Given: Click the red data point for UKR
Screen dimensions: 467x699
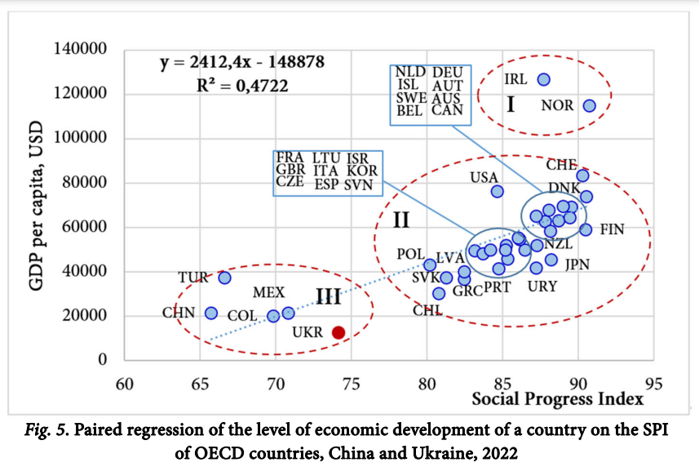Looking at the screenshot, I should pos(338,332).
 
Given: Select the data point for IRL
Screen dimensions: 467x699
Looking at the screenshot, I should pos(544,79).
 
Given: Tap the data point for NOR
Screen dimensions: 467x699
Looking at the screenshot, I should pos(590,105).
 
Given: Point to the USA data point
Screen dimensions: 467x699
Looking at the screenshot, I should pos(498,191).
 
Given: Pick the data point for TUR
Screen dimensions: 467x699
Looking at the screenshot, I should pos(225,278).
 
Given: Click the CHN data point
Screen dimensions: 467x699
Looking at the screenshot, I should pos(211,313).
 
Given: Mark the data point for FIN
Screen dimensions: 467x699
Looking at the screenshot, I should pos(586,229).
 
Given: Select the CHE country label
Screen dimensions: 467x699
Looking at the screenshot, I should pos(562,165).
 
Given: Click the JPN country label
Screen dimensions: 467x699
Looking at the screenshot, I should pos(577,264).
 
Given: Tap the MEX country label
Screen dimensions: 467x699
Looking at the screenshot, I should pos(268,292).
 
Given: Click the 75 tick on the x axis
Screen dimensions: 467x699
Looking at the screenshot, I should pos(351,383).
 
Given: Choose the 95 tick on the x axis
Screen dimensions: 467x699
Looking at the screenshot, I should pos(653,383).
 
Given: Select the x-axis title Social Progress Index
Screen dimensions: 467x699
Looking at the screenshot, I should pos(558,399).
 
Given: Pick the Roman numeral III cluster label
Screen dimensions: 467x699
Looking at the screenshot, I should pos(328,297).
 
